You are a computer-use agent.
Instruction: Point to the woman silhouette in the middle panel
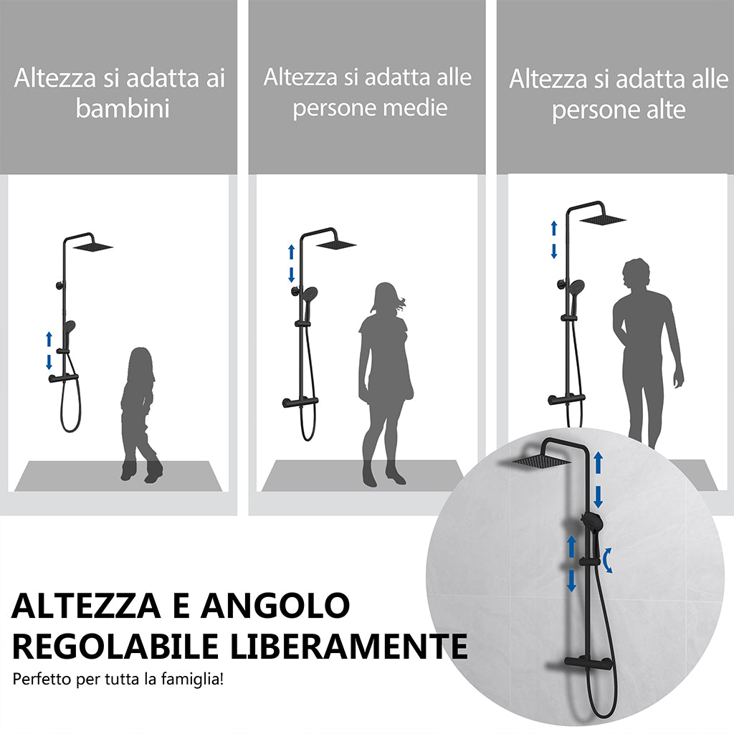pos(385,380)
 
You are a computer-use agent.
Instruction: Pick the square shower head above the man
pos(604,218)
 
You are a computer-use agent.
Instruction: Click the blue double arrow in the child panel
pos(49,350)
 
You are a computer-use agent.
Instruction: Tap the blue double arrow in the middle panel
pos(291,263)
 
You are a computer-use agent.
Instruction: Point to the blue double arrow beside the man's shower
pos(553,239)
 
